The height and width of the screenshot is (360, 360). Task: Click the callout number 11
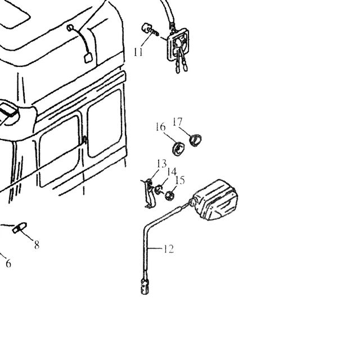tap(138, 52)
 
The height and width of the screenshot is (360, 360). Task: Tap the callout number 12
tap(169, 249)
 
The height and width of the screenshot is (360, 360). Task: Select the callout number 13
tap(162, 164)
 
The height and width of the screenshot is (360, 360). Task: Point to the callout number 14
tap(172, 172)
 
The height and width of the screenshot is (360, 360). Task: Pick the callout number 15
tap(180, 181)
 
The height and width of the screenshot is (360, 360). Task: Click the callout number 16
tap(160, 127)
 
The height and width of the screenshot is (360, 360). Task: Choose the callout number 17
tap(178, 122)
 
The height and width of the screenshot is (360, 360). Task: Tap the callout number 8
tap(37, 245)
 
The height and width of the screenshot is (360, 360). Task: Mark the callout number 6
tap(8, 264)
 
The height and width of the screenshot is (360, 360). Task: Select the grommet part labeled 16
tap(178, 148)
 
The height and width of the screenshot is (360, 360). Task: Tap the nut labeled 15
tap(170, 195)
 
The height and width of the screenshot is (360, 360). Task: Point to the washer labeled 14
tap(158, 190)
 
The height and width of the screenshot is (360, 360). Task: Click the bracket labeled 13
tap(148, 193)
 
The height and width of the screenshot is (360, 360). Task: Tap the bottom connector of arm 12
tap(145, 286)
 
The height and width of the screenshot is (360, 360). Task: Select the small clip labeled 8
tap(20, 227)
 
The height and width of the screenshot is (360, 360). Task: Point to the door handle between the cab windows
tap(85, 140)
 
